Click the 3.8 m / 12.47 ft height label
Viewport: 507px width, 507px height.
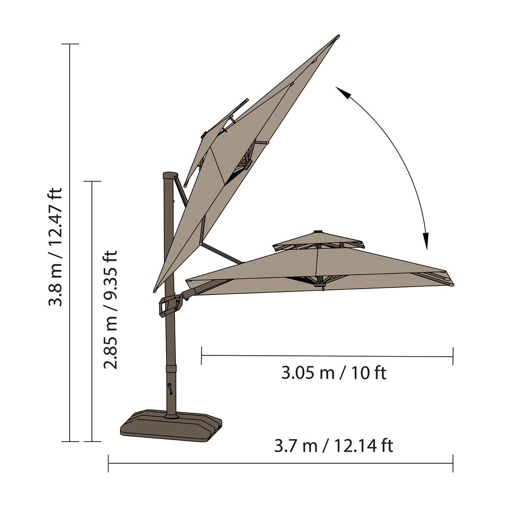click(x=55, y=247)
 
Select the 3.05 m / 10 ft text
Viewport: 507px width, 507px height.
click(x=334, y=373)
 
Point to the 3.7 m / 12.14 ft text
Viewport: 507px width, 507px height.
click(x=334, y=446)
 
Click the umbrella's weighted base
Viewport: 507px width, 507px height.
click(x=171, y=426)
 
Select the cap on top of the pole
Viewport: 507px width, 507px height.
click(x=171, y=175)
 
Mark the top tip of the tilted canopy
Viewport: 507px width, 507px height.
click(x=338, y=37)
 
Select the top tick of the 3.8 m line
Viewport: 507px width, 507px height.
click(x=70, y=44)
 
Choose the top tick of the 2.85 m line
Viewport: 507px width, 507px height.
click(x=92, y=182)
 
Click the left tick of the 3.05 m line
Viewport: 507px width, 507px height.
click(x=202, y=356)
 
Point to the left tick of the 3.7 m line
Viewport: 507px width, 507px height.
click(x=109, y=463)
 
